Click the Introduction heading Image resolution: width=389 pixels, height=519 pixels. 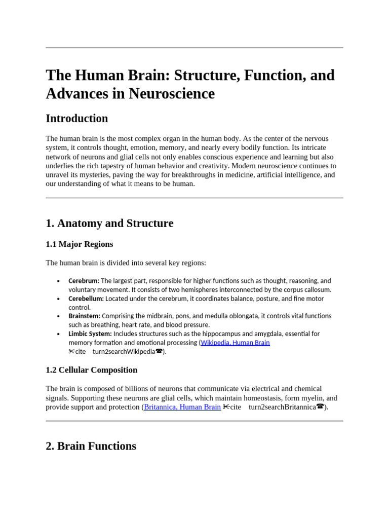[x=76, y=119]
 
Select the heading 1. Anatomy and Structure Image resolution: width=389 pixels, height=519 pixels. [x=109, y=223]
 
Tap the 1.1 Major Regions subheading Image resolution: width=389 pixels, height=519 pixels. [x=80, y=244]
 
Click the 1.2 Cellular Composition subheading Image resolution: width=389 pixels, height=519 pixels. [x=92, y=370]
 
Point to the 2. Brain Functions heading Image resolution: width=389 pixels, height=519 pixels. [x=91, y=446]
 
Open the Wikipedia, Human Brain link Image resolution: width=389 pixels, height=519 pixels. [x=235, y=343]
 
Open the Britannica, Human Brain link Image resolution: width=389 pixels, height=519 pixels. [x=182, y=407]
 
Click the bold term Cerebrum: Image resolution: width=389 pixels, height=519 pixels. [x=84, y=281]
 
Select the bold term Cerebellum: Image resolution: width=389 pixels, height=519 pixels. [x=86, y=299]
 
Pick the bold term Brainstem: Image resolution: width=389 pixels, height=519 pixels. [x=84, y=316]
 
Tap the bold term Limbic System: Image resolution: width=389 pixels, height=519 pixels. [x=90, y=334]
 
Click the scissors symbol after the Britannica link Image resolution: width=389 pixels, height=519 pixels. [x=226, y=407]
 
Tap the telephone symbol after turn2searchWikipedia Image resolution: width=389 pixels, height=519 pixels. [x=159, y=351]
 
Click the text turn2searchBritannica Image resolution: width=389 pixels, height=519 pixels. [x=282, y=407]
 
